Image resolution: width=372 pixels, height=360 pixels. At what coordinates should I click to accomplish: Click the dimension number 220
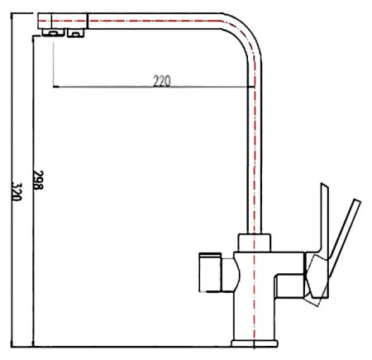(163, 80)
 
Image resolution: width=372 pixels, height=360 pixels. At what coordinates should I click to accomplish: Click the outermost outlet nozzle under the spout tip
(51, 32)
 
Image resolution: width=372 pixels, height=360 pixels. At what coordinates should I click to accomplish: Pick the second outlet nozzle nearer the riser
(74, 32)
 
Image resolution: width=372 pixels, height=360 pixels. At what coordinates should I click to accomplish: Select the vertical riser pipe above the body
(255, 149)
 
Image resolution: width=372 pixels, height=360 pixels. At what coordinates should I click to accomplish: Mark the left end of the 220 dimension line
(53, 86)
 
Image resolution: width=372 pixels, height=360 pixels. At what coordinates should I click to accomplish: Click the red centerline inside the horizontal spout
(149, 20)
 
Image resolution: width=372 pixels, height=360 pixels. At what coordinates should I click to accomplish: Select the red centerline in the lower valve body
(255, 298)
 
